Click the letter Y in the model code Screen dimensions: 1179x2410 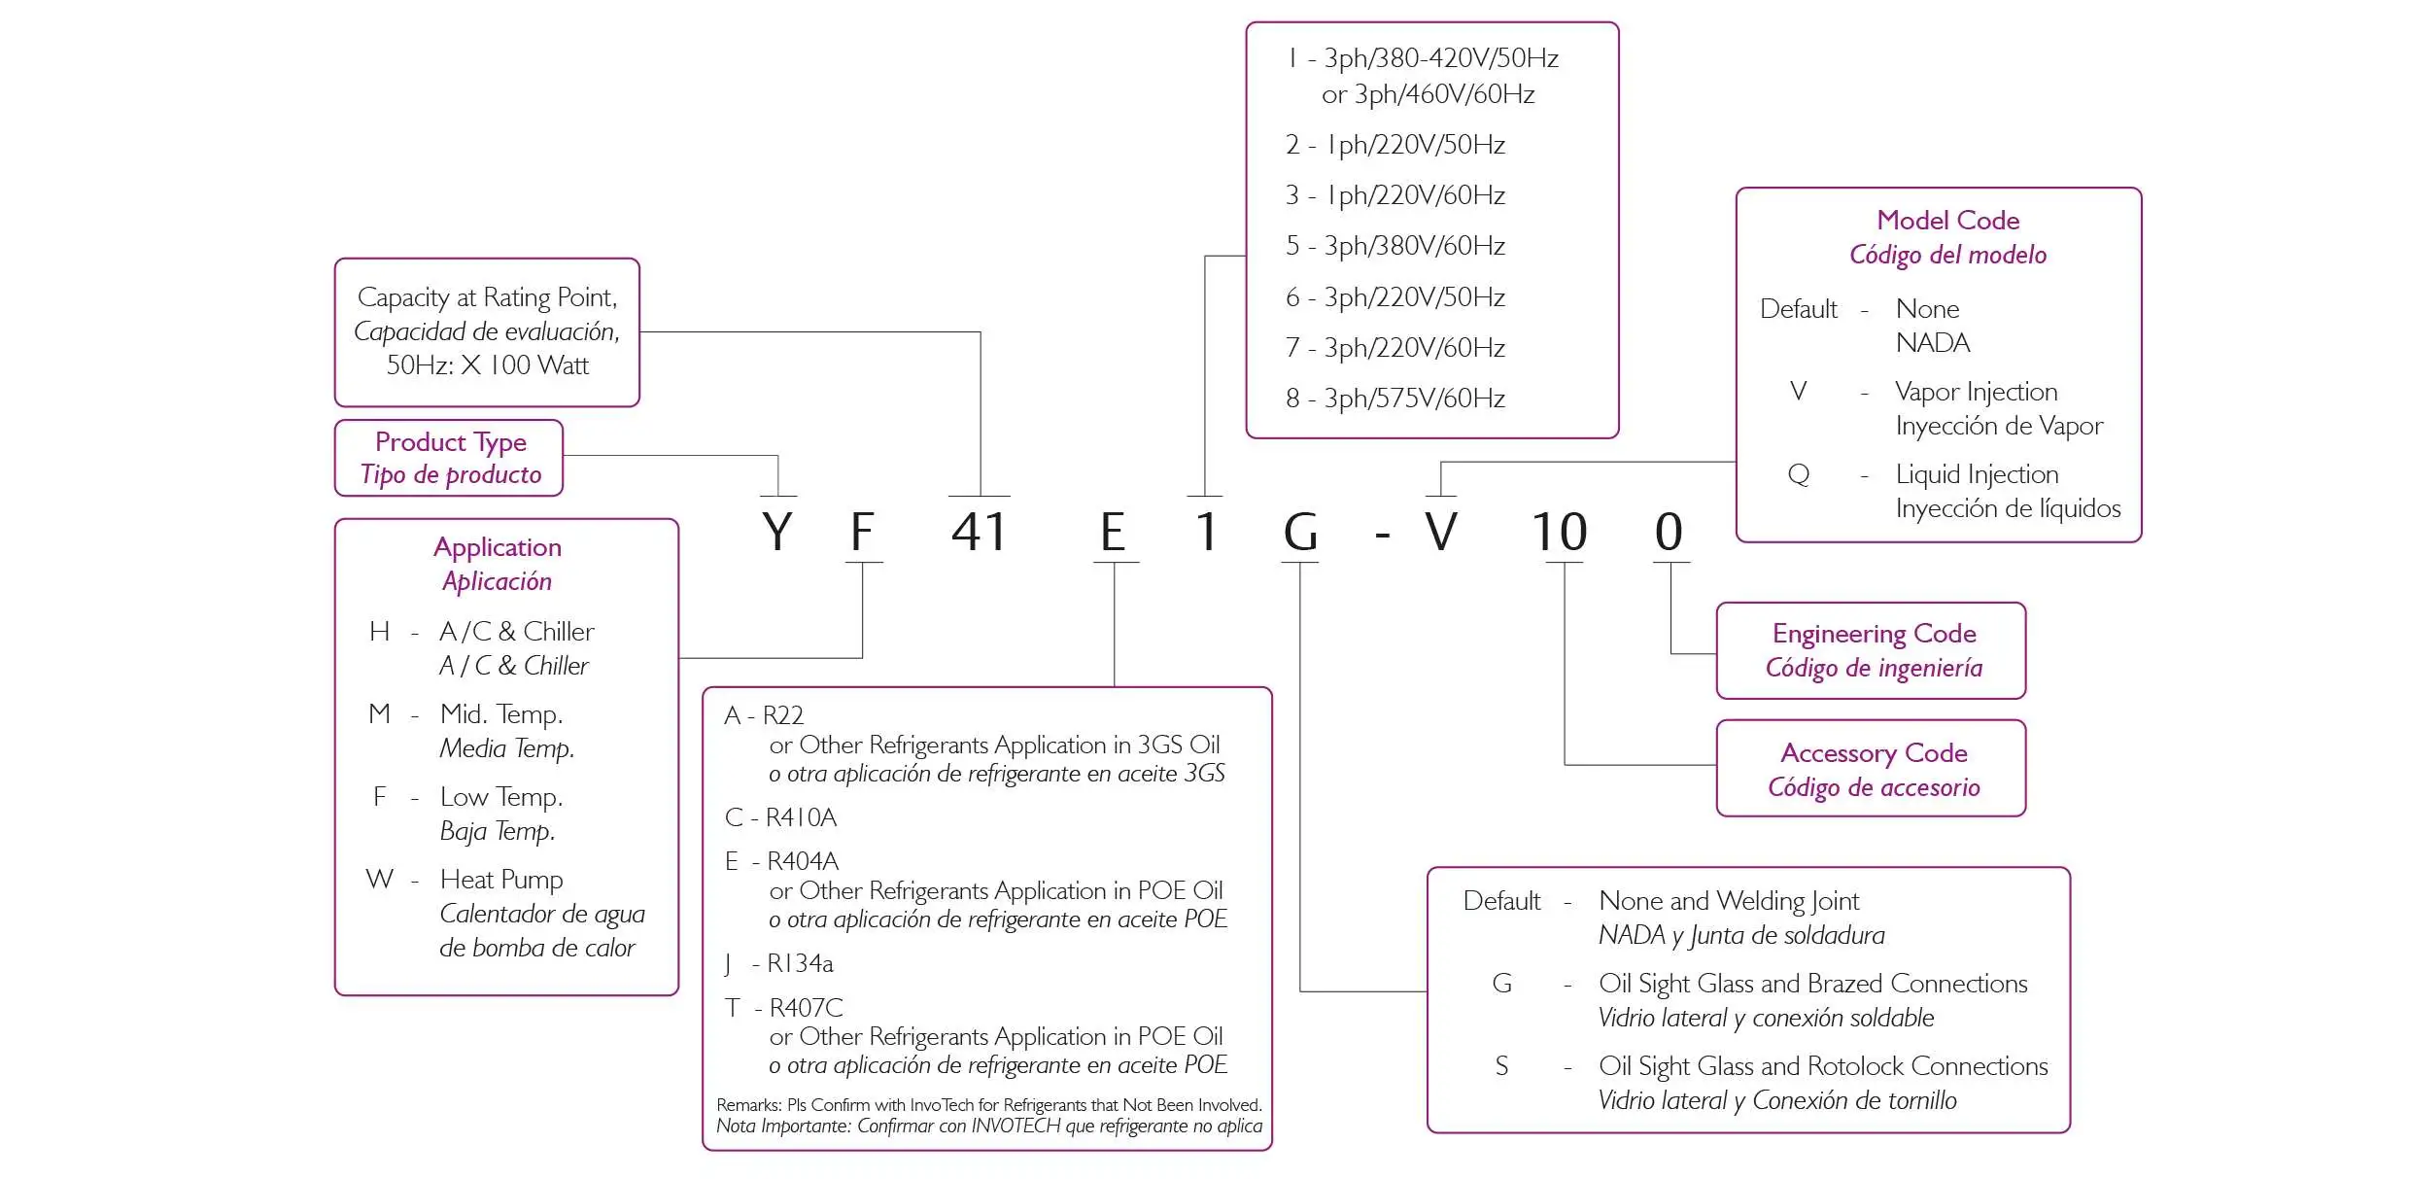tap(777, 531)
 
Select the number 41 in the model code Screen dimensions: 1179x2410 tap(979, 531)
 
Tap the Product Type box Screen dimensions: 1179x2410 tap(449, 458)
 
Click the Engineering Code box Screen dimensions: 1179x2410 tap(1872, 650)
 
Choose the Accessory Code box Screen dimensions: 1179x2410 tap(1872, 769)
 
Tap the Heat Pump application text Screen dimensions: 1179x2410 tap(501, 880)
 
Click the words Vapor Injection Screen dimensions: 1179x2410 tap(1976, 392)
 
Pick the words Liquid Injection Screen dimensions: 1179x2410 tap(1977, 474)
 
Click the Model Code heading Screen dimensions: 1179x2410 tap(1947, 221)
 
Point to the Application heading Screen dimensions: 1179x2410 tap(498, 547)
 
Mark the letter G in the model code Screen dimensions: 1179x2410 tap(1300, 531)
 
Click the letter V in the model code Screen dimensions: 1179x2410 tap(1440, 531)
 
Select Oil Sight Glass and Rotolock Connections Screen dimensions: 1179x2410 tap(1823, 1066)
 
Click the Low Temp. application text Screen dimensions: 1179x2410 tap(501, 797)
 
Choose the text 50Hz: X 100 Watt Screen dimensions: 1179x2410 tap(488, 365)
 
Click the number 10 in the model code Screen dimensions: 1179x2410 tap(1559, 531)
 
